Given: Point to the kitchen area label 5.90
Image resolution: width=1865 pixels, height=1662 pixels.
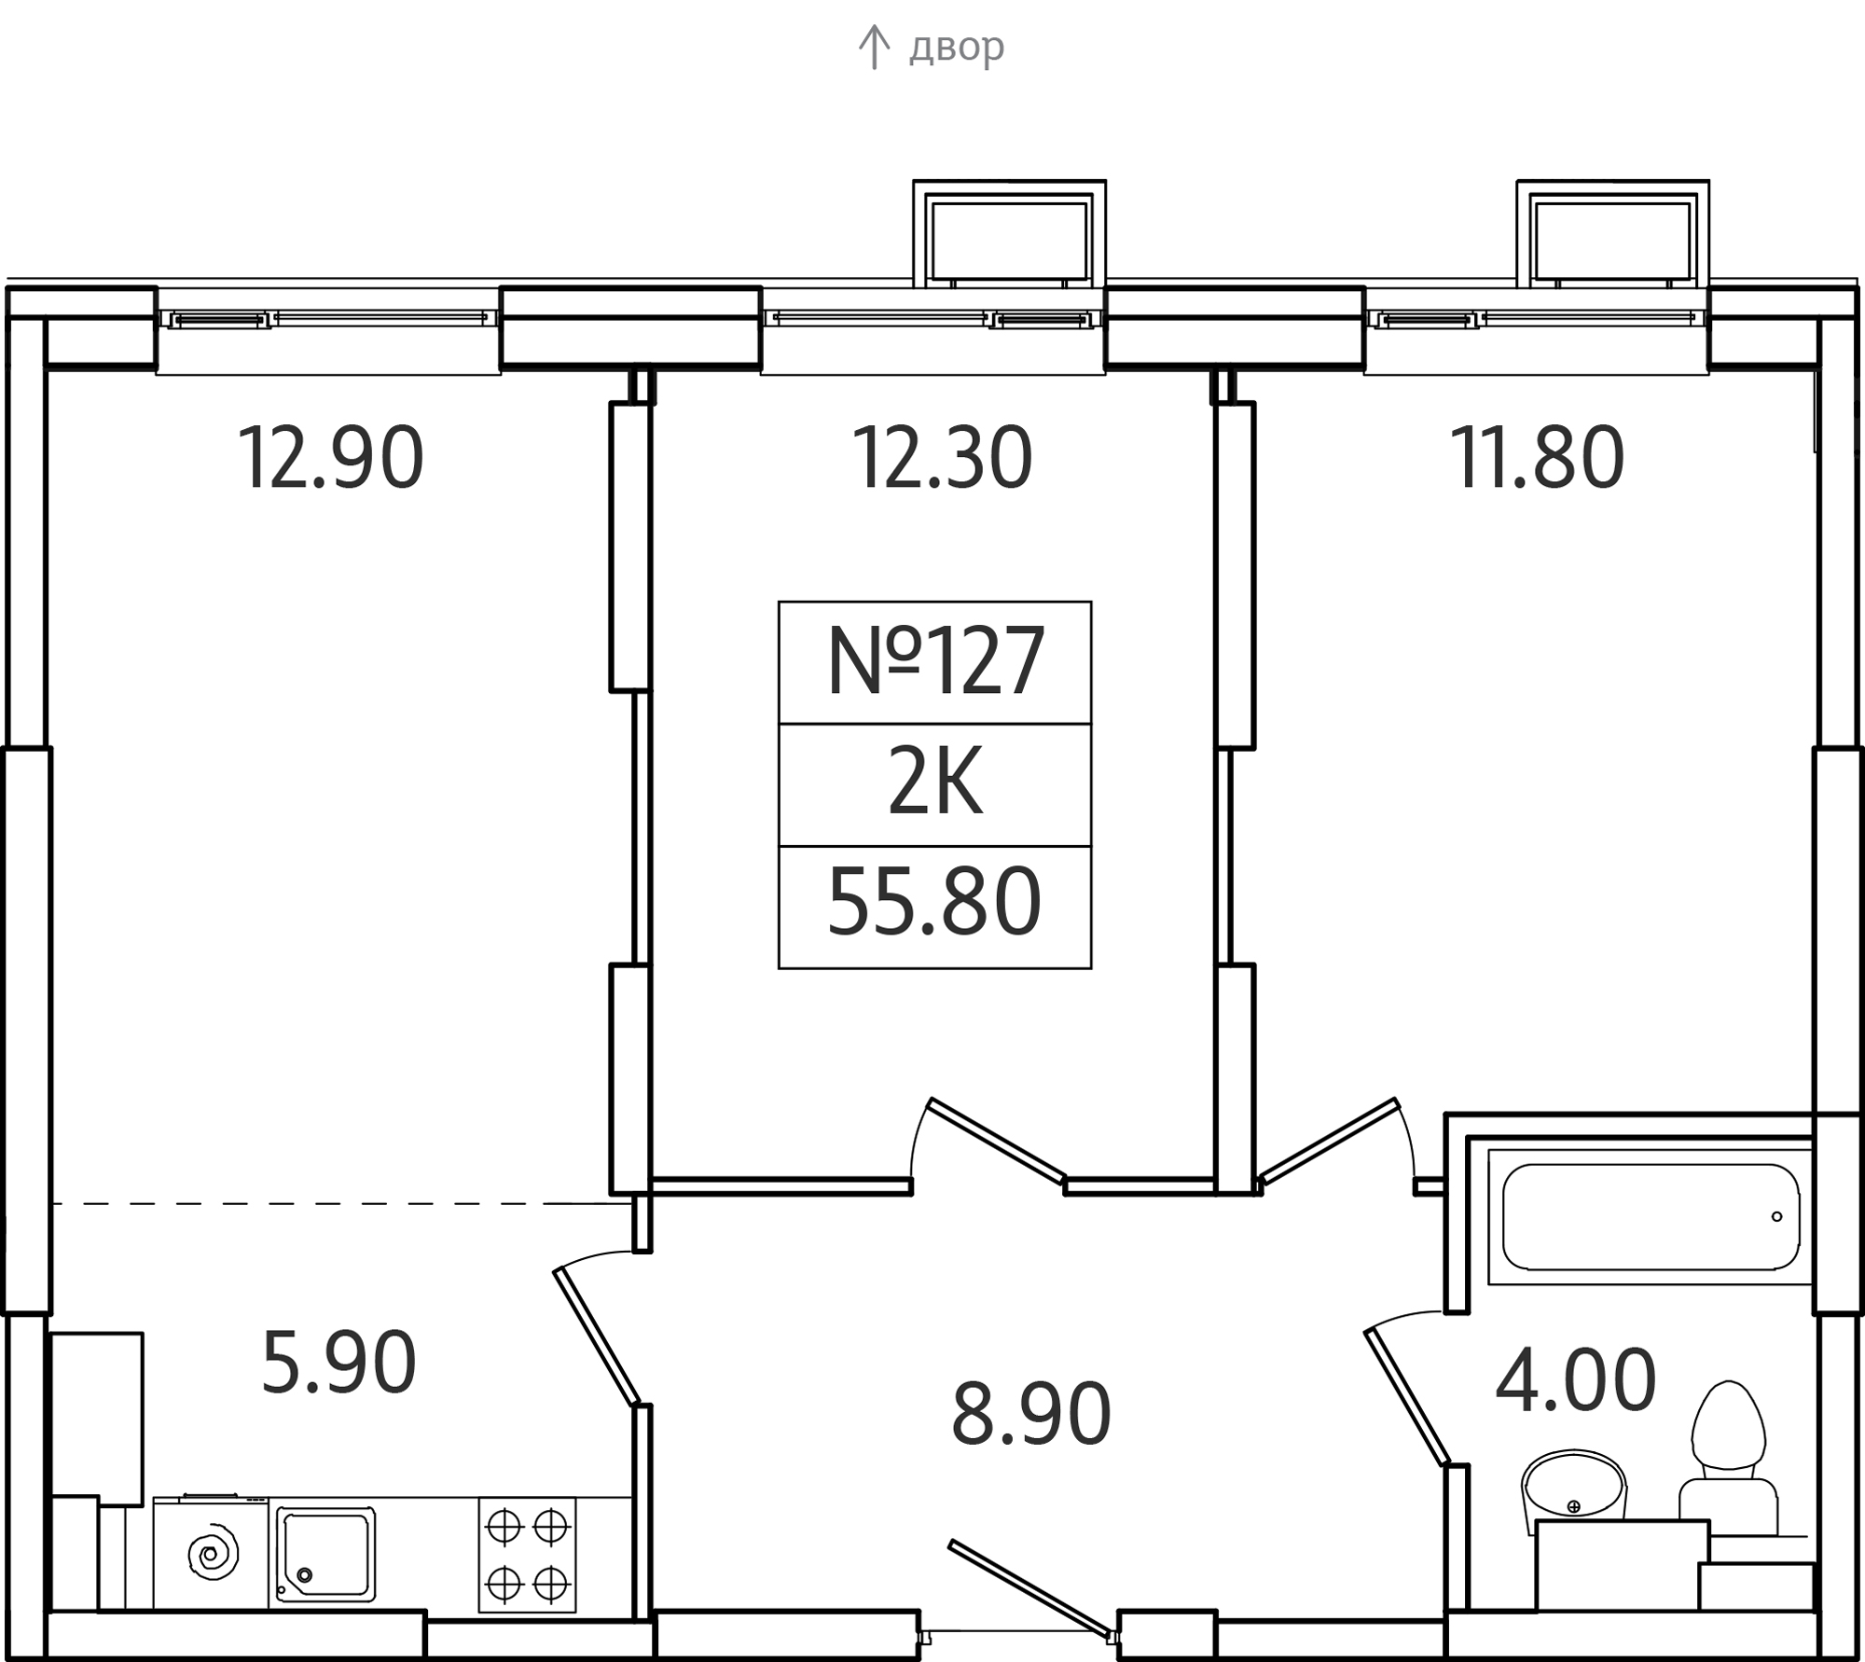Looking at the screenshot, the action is click(x=338, y=1363).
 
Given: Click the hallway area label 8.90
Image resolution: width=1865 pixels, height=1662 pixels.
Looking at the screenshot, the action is click(x=1031, y=1414).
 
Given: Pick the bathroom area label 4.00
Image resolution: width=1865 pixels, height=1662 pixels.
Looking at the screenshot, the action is click(x=1576, y=1379).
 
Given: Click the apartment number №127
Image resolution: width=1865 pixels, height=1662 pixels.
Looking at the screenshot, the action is click(x=935, y=661).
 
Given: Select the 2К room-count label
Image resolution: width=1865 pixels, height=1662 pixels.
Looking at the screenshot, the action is click(x=935, y=784).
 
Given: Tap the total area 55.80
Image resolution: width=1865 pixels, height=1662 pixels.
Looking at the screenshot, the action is click(x=934, y=902).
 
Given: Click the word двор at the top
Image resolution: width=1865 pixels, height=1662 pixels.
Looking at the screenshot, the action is click(x=957, y=46).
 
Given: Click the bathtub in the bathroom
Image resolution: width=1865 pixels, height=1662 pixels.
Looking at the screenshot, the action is click(x=1651, y=1216).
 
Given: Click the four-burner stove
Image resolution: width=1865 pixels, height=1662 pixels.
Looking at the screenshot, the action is click(x=527, y=1555).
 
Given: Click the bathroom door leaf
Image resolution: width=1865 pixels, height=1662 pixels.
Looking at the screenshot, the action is click(x=1408, y=1398).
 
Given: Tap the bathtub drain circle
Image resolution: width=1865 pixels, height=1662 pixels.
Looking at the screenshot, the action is click(x=1776, y=1216).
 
